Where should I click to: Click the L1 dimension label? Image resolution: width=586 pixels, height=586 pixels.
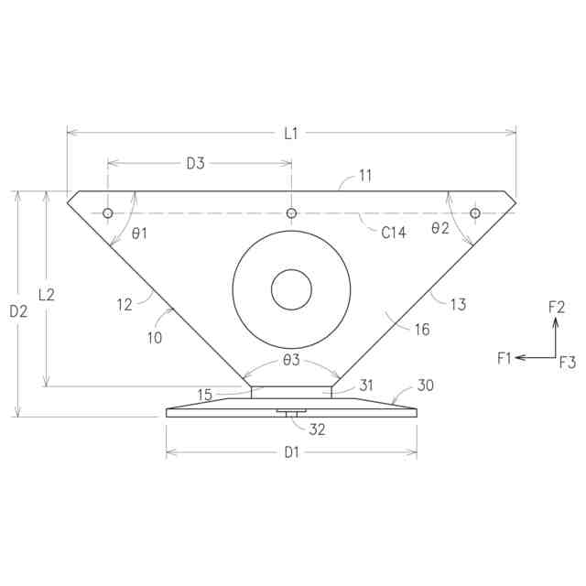click(291, 134)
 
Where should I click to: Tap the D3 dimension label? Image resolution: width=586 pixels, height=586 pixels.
click(195, 163)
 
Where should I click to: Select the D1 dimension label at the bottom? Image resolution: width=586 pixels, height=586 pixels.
click(291, 452)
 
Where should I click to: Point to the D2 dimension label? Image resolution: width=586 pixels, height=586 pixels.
click(18, 311)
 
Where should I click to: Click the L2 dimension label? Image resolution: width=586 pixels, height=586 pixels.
click(47, 295)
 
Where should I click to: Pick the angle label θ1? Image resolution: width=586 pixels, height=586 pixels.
click(139, 234)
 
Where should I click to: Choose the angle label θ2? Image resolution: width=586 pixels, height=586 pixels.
click(439, 228)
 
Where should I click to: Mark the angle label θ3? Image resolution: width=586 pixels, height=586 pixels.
click(291, 360)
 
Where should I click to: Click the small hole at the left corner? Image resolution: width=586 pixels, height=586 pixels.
click(108, 213)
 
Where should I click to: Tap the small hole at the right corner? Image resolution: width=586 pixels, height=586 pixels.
click(475, 213)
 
